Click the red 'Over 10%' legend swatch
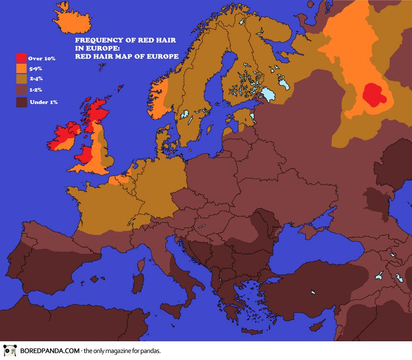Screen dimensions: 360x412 [22, 58]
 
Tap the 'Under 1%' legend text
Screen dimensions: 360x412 [43, 102]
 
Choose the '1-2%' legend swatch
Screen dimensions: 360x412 [22, 90]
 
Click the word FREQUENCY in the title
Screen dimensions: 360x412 [96, 41]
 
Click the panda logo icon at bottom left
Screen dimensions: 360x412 [8, 351]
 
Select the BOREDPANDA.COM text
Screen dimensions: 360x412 [48, 351]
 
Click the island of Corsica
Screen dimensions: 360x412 [141, 261]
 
